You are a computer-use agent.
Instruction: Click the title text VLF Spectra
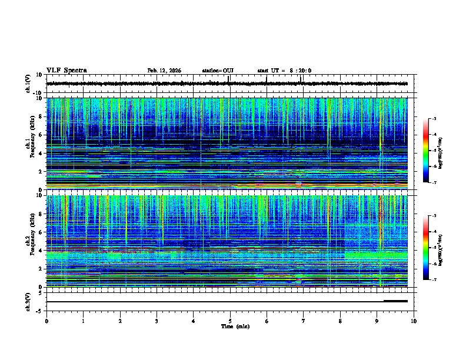[x=66, y=71]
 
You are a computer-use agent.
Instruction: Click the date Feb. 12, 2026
[x=164, y=71]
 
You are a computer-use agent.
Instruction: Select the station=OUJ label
[x=218, y=71]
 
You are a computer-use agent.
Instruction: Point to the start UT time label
[x=284, y=71]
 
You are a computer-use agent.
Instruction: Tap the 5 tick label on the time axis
[x=230, y=321]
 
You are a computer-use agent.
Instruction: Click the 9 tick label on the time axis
[x=377, y=321]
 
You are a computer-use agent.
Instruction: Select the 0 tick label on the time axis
[x=46, y=321]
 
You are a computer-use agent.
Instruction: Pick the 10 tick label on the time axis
[x=414, y=321]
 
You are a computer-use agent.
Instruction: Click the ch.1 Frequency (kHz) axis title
[x=29, y=144]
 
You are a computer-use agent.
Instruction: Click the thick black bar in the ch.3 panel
[x=395, y=301]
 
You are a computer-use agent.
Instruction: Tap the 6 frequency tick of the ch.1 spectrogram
[x=41, y=135]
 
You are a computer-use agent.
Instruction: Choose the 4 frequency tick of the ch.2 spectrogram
[x=41, y=250]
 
